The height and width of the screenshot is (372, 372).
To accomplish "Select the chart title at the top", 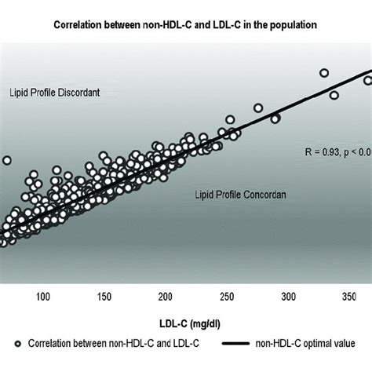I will click(x=185, y=24).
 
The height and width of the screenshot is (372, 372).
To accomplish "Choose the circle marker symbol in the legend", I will click(x=17, y=344).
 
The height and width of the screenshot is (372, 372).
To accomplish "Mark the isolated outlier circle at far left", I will click(x=6, y=160).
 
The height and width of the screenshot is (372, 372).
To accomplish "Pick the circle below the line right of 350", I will click(x=334, y=95).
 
